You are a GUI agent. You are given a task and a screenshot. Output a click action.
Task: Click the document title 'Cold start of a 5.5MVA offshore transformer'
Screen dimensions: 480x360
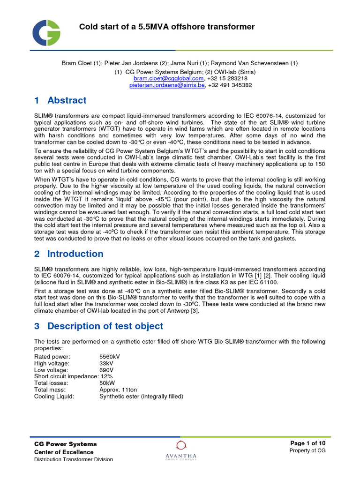click(x=166, y=27)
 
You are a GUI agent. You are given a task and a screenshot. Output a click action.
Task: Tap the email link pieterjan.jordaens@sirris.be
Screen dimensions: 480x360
click(x=167, y=85)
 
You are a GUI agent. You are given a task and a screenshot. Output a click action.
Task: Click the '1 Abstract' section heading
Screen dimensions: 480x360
click(x=60, y=100)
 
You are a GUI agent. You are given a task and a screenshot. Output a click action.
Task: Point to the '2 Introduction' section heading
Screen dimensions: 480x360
click(x=69, y=254)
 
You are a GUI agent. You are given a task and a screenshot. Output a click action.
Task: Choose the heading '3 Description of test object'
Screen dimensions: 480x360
click(x=98, y=326)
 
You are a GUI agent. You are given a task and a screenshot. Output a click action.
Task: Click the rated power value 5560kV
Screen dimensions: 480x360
click(x=110, y=357)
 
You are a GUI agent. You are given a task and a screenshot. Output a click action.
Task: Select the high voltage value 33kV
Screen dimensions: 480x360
click(x=106, y=363)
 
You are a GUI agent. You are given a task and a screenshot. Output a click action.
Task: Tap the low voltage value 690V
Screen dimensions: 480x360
click(x=106, y=370)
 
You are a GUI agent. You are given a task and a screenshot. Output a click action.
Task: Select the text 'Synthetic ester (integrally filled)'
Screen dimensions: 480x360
click(x=141, y=396)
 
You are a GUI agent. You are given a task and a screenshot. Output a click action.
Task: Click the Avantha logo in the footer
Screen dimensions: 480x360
click(x=180, y=450)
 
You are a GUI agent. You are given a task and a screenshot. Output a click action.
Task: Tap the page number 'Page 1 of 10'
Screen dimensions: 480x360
click(x=308, y=443)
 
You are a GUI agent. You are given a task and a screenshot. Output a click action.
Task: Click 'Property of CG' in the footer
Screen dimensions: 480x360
click(x=307, y=450)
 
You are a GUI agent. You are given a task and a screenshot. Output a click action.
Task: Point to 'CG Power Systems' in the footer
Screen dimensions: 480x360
click(x=66, y=444)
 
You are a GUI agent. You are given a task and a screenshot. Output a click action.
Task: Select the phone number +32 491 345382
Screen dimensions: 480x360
click(x=230, y=85)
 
